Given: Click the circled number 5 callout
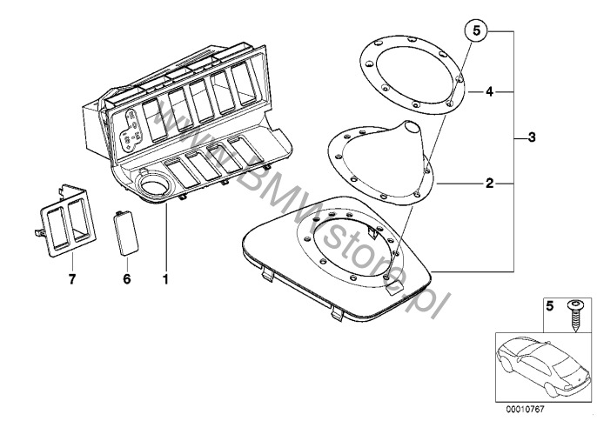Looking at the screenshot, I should [x=477, y=32].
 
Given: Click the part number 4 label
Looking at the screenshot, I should [x=490, y=91].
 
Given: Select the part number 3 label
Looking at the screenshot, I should [x=530, y=138].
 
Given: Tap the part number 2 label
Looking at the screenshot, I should [x=490, y=184].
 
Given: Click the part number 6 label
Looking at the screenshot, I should [x=126, y=279].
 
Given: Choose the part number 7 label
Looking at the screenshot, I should [x=73, y=279].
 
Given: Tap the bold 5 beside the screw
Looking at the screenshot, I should [x=548, y=305].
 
